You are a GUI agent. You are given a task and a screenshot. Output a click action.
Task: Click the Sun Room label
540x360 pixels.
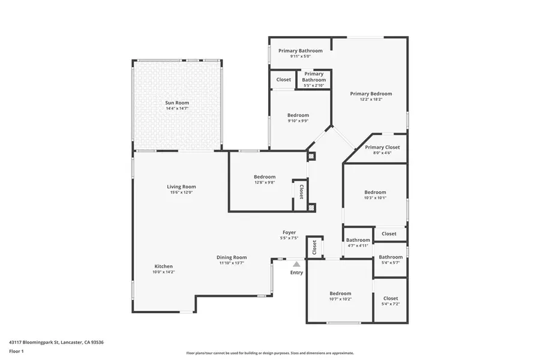pos(177,103)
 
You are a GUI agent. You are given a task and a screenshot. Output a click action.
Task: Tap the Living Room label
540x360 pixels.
pos(181,187)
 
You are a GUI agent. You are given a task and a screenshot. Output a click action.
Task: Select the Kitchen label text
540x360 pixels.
pos(164,266)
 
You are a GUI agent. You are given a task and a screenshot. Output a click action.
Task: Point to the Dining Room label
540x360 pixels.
pos(232,257)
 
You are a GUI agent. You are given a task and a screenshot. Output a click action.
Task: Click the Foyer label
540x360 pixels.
pos(289,232)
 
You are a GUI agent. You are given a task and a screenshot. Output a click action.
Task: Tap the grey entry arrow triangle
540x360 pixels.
pos(296,263)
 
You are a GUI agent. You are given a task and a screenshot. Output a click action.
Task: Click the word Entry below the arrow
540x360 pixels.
pos(296,272)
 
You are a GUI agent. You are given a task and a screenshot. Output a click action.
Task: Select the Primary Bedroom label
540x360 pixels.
pos(371,94)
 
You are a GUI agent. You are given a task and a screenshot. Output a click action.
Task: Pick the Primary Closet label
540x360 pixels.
pos(382,147)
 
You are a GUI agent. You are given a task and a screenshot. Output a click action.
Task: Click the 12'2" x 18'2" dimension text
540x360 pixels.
pos(371,100)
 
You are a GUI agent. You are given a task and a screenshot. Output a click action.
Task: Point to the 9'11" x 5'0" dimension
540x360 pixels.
pos(300,57)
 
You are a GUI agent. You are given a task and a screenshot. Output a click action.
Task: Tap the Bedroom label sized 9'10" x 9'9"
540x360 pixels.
pos(298,115)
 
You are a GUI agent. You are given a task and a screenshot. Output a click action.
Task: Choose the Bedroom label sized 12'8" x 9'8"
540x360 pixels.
pos(265,176)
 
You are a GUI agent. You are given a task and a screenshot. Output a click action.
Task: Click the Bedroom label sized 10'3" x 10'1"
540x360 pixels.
pos(376,192)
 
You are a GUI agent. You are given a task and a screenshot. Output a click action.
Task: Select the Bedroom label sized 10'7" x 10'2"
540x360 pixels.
pos(340,293)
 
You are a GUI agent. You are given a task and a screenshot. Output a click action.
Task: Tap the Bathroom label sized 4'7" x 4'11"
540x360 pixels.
pos(358,240)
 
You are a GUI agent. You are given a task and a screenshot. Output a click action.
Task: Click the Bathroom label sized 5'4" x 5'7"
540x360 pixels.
pos(391,257)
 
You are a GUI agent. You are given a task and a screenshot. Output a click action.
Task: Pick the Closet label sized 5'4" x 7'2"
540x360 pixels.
pos(391,298)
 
